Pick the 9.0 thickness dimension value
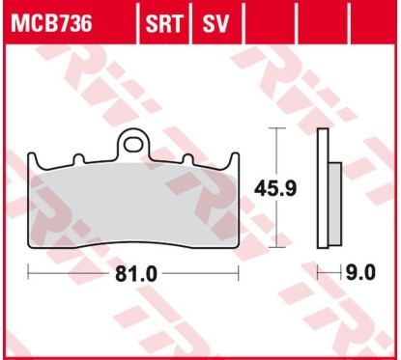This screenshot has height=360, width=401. coord(359,275)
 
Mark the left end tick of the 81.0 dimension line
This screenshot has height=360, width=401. coord(28,274)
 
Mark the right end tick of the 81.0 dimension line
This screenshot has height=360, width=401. coord(240,274)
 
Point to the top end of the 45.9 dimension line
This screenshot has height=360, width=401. coord(280,131)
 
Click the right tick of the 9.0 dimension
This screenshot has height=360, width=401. coord(340,274)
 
